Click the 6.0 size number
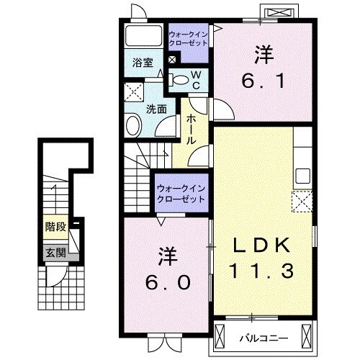(x=165, y=282)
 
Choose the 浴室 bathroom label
(x=141, y=63)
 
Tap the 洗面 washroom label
(x=157, y=109)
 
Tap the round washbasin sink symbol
(x=134, y=127)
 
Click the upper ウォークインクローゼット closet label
(x=189, y=37)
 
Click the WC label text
(x=195, y=80)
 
